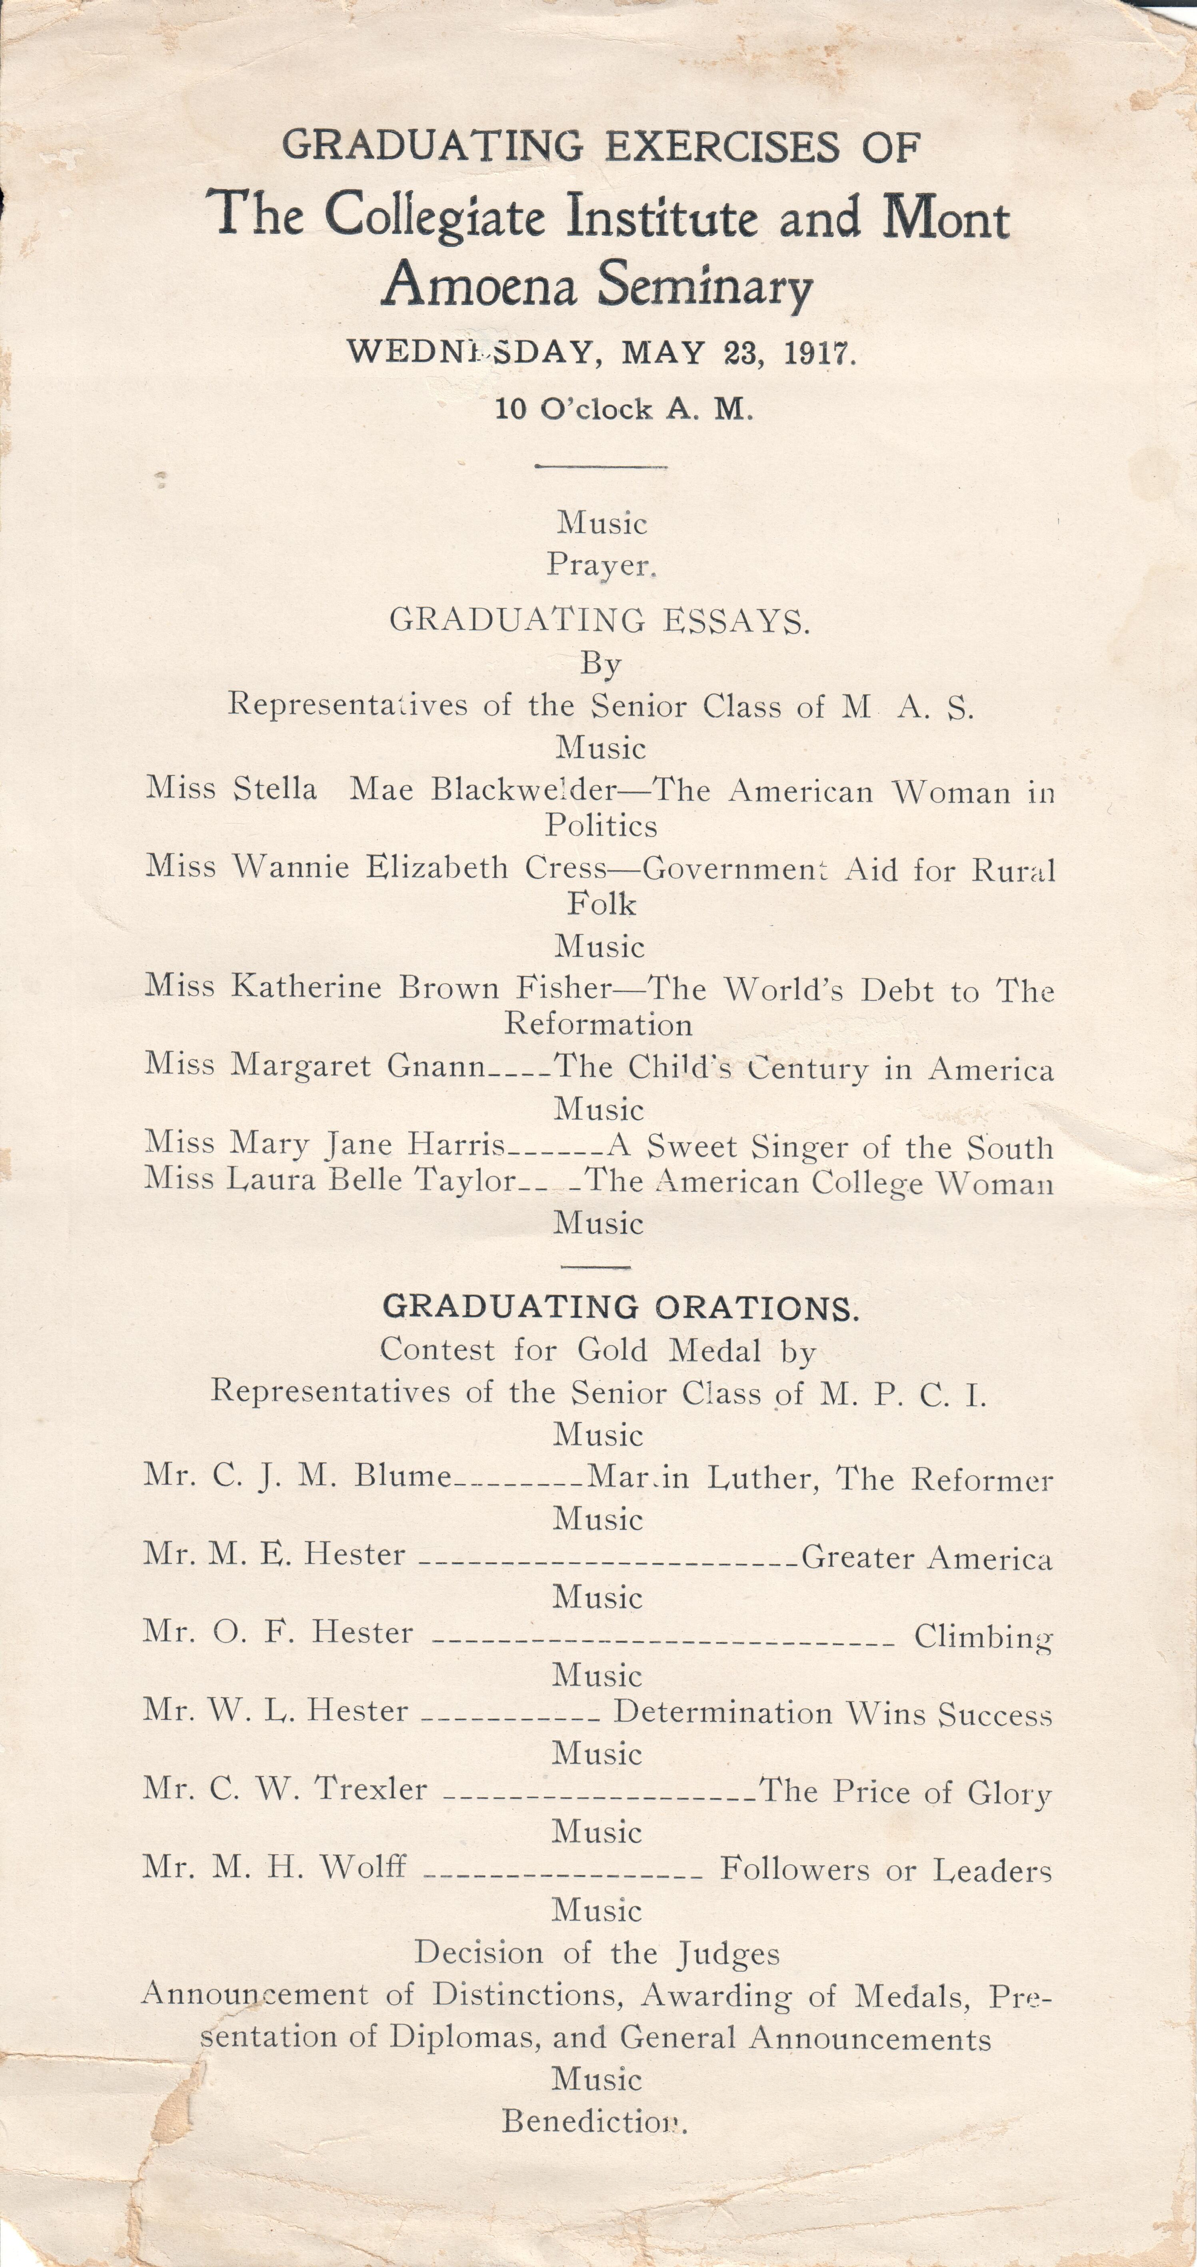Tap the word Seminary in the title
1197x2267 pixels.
[x=705, y=286]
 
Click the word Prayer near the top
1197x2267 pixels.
[x=600, y=565]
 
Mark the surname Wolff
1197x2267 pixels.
[x=364, y=1867]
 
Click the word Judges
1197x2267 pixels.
[x=729, y=1954]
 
